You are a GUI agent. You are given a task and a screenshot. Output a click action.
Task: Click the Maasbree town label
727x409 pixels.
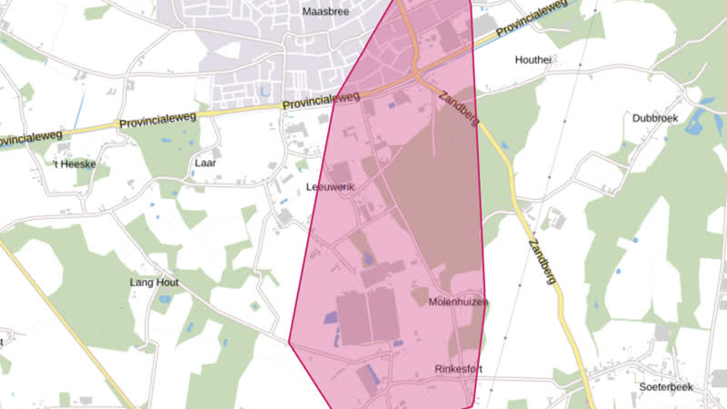[x=324, y=11]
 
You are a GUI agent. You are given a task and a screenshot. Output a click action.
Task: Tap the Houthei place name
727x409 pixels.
[x=533, y=60]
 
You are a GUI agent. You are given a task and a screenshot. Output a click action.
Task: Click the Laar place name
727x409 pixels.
[x=205, y=164]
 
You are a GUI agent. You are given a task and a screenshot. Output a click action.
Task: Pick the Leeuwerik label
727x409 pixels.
[x=329, y=186]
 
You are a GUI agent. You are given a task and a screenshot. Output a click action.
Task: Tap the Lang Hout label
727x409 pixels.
[x=154, y=283]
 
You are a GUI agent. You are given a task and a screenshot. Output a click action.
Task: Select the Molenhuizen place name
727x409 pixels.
[x=458, y=302]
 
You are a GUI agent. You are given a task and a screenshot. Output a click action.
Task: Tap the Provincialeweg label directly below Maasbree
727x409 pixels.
[x=321, y=98]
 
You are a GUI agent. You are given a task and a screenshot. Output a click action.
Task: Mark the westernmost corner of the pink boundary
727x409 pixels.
[x=290, y=343]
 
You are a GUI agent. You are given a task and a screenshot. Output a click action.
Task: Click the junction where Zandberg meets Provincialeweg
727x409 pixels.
[x=420, y=76]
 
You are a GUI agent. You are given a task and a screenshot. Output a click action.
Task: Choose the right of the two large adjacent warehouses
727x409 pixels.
[x=383, y=315]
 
